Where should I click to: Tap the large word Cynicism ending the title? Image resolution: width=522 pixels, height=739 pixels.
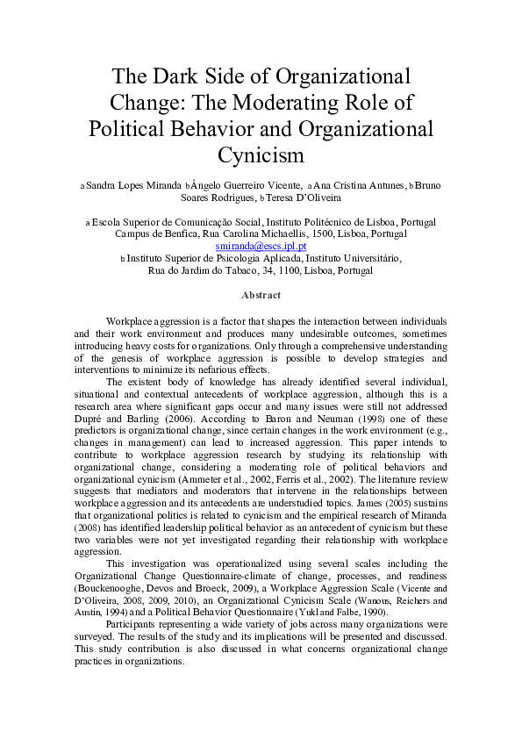click(261, 155)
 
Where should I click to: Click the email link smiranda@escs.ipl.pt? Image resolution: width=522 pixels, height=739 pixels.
click(261, 248)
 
